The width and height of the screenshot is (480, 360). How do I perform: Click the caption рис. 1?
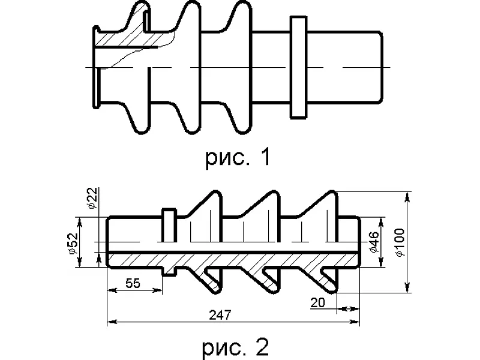coord(238,157)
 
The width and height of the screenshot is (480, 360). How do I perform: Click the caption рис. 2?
coord(235,346)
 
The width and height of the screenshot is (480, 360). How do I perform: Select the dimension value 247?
coord(220,314)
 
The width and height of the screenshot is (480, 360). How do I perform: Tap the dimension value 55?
coord(133,283)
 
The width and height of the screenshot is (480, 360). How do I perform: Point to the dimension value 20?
coord(317,303)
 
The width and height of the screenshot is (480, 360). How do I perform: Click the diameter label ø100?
coord(400,242)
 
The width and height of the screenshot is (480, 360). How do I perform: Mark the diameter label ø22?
coord(92,198)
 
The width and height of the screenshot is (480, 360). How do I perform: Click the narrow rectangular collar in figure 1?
coord(298,67)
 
